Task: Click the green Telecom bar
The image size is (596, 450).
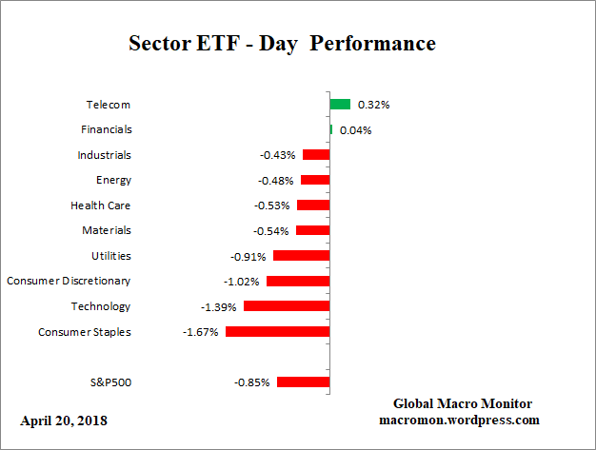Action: tap(340, 104)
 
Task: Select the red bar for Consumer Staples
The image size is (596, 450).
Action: tap(277, 332)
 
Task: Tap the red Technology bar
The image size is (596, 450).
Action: tap(287, 306)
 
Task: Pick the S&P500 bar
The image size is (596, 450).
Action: tap(303, 382)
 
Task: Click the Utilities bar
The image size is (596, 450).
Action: tap(301, 256)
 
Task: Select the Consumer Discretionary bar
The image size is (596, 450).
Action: tap(298, 282)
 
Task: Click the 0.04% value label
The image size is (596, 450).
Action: tap(354, 130)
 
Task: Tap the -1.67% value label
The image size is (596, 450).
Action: tap(200, 332)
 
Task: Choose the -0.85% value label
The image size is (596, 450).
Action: tap(251, 382)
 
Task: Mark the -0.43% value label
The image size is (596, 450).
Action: tap(278, 155)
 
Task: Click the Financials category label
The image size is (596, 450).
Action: tap(107, 129)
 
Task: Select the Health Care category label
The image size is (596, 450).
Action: tap(101, 205)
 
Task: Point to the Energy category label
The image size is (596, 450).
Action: tap(113, 180)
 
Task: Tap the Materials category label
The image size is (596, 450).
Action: tap(107, 230)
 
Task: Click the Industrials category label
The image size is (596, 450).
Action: tap(105, 155)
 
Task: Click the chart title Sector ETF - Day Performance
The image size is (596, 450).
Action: tap(282, 44)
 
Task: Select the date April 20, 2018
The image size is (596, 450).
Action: tap(64, 421)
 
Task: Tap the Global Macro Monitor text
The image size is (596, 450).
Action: tap(462, 403)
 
